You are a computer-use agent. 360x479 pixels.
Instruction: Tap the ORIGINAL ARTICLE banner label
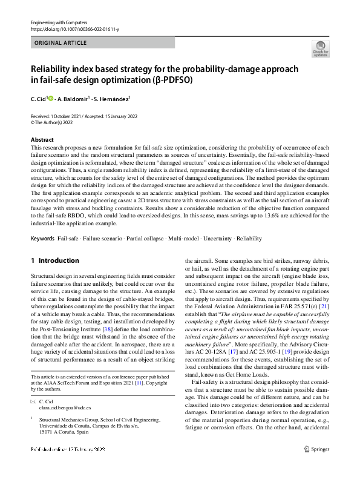(x=61, y=43)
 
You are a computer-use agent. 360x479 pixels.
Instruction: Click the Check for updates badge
(x=320, y=48)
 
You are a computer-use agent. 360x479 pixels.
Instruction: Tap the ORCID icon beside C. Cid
(x=51, y=98)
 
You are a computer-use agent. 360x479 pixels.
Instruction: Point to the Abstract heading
(x=42, y=140)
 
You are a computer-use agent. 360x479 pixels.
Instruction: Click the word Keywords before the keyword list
(x=42, y=239)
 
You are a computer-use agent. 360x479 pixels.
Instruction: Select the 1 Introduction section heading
(x=55, y=260)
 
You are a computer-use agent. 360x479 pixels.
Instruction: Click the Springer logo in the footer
(x=317, y=465)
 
